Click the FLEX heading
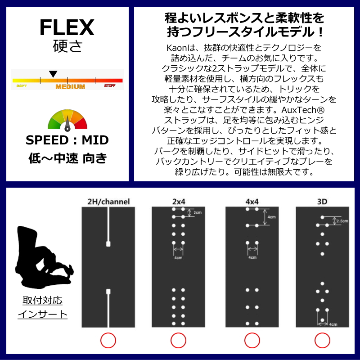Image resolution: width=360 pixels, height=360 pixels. (x=67, y=28)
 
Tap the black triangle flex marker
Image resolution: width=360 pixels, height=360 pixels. (x=53, y=74)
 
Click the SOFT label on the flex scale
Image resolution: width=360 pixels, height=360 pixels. (x=21, y=85)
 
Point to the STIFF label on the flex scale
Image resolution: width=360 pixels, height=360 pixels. (x=109, y=85)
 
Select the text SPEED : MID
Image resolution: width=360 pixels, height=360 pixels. (x=67, y=140)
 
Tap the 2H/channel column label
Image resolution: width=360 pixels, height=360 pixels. (x=108, y=202)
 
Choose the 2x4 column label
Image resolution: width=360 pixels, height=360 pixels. (x=178, y=202)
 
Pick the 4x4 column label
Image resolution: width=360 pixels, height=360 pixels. (x=252, y=202)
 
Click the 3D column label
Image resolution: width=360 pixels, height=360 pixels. (x=322, y=202)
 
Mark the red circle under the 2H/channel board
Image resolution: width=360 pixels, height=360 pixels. (x=108, y=340)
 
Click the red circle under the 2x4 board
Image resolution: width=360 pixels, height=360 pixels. (x=178, y=340)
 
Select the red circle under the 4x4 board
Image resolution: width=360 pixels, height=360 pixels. (x=252, y=340)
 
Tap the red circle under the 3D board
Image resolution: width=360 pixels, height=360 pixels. (x=322, y=340)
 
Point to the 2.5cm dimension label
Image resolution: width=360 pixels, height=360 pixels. (x=343, y=221)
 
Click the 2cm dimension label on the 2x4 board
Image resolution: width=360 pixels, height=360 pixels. (x=197, y=213)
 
